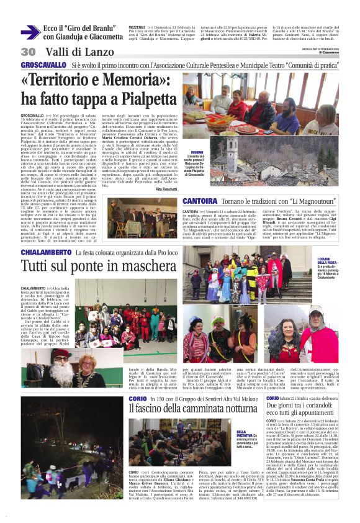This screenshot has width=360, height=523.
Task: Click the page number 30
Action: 27,52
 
